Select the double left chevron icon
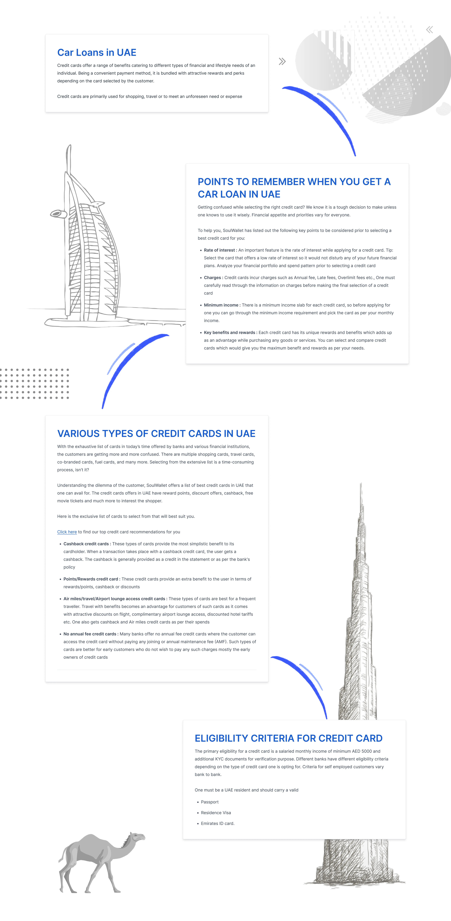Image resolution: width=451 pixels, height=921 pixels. click(x=429, y=30)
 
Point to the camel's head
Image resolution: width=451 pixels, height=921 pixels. click(x=138, y=837)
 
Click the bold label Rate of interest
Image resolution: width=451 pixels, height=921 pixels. click(x=219, y=250)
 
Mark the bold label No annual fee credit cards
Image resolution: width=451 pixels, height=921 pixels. click(x=90, y=634)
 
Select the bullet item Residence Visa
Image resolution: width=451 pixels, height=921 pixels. click(x=216, y=813)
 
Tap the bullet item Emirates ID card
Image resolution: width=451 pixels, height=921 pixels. click(x=218, y=823)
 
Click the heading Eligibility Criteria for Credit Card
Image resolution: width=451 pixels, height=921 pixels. click(x=288, y=738)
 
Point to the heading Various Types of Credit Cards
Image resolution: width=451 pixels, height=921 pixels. click(x=156, y=434)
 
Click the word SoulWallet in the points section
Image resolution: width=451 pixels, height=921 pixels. click(x=234, y=231)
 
